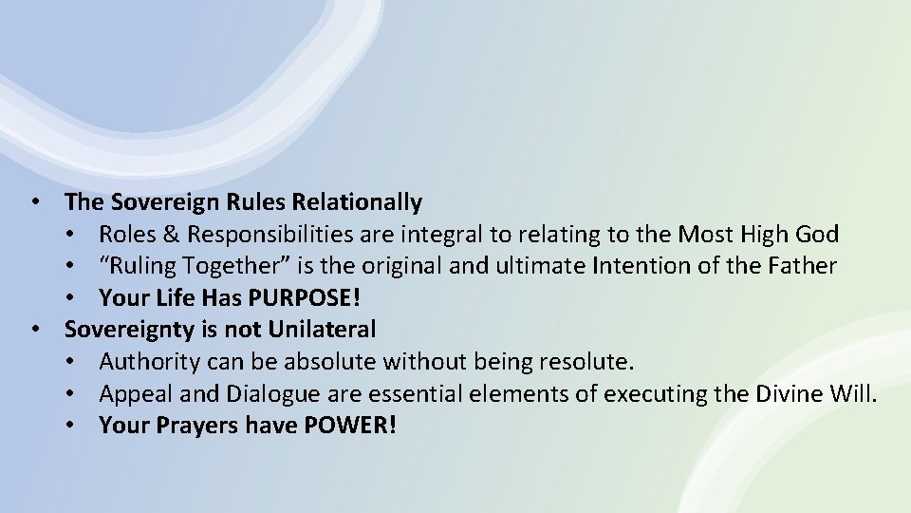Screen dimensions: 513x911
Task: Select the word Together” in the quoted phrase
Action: pos(218,266)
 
